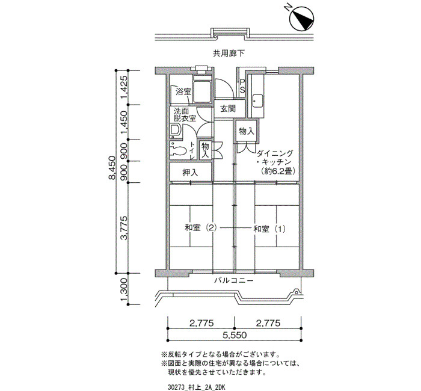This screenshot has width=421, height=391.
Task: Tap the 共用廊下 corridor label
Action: click(229, 54)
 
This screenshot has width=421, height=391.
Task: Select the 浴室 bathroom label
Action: click(183, 91)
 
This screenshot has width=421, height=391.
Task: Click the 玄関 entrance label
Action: click(228, 109)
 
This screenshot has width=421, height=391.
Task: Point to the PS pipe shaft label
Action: click(242, 86)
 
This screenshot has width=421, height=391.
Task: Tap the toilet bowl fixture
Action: click(178, 150)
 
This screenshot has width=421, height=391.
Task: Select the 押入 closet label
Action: click(191, 172)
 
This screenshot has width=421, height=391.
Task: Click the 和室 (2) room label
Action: click(200, 229)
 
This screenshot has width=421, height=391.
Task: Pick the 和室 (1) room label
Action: click(269, 229)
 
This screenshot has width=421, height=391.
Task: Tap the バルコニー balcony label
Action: click(234, 281)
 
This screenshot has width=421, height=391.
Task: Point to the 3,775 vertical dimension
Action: click(124, 228)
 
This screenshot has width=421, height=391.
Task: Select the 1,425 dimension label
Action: click(124, 87)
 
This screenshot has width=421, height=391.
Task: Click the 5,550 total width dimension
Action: click(235, 335)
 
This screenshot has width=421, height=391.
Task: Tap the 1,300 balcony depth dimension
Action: click(124, 289)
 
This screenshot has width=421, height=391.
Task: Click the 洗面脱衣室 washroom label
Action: click(185, 115)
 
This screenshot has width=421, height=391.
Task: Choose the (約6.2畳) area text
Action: click(277, 171)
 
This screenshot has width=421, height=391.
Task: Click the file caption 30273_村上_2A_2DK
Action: click(196, 387)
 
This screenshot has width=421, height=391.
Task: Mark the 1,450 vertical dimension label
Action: click(124, 122)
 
